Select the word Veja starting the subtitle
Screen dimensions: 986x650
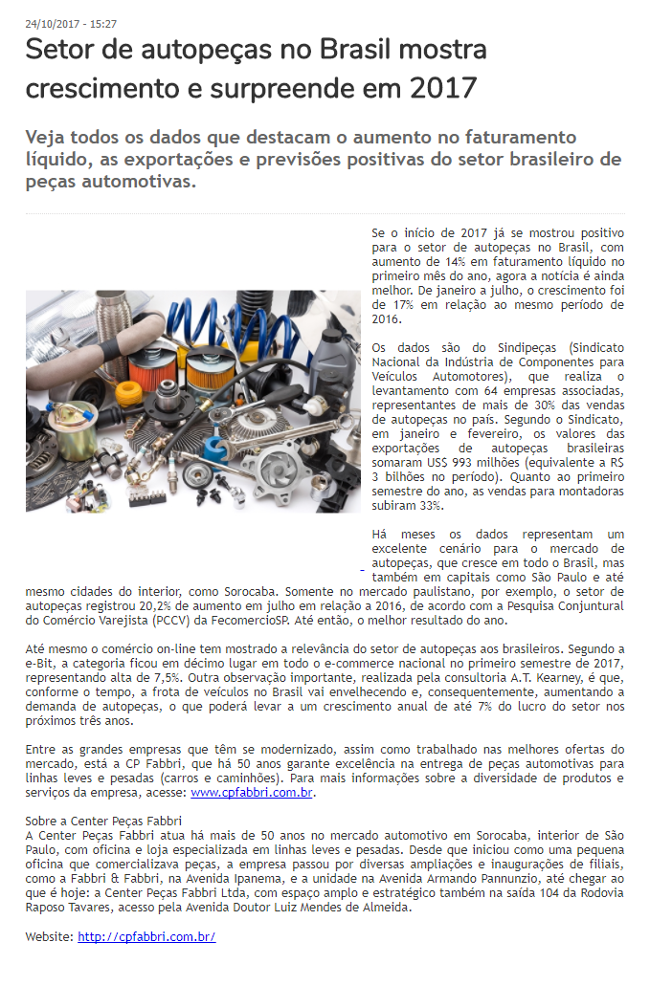click(51, 137)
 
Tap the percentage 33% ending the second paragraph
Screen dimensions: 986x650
click(431, 505)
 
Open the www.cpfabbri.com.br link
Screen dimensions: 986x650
click(252, 793)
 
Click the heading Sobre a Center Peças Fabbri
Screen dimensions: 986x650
click(103, 822)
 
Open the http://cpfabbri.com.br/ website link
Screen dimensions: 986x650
click(146, 936)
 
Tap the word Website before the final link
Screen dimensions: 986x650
click(48, 936)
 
